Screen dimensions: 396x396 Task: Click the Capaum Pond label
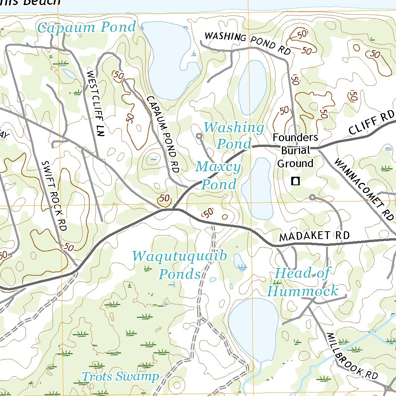[87, 28]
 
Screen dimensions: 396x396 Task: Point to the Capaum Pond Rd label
[162, 133]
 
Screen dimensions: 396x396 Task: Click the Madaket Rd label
[314, 236]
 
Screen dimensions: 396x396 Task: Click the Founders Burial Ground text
[295, 150]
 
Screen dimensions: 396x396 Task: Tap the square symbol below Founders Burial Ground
[296, 181]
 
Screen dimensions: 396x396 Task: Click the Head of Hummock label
[302, 282]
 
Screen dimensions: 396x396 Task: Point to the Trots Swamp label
[120, 376]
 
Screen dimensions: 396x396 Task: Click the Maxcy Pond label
[218, 176]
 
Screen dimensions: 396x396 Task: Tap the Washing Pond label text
[234, 135]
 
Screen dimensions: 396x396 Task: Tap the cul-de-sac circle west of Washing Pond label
[199, 136]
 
